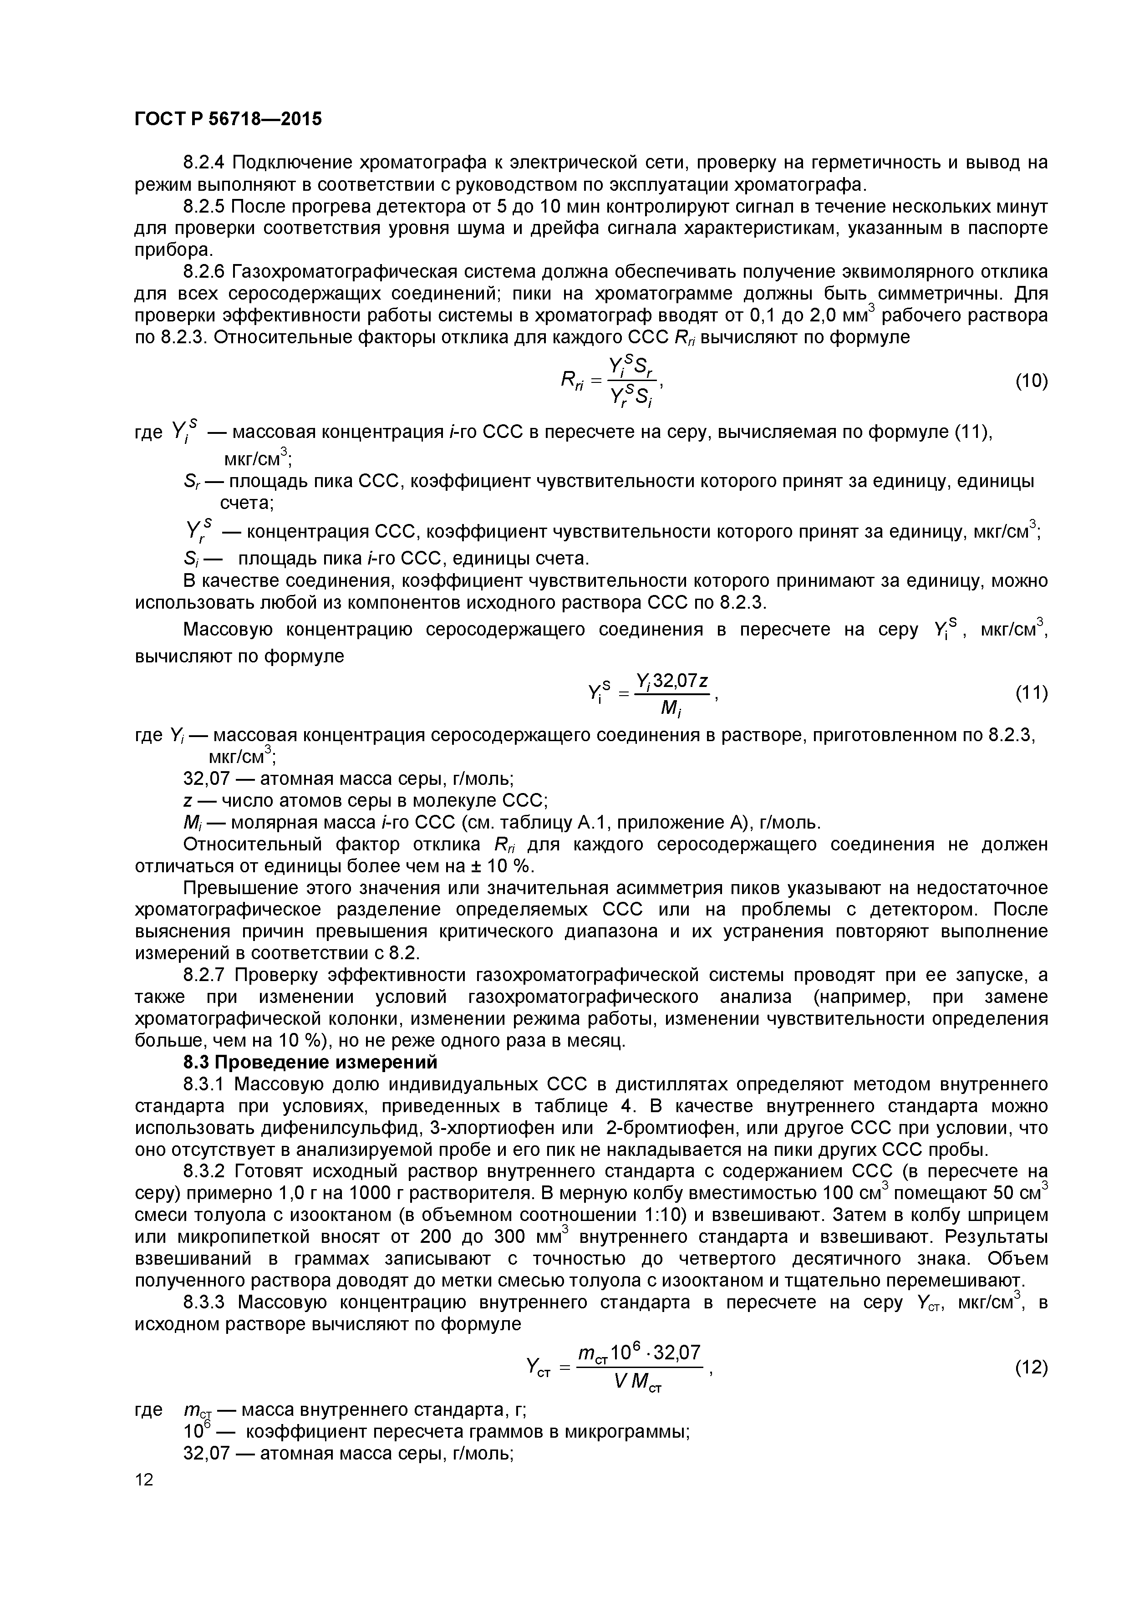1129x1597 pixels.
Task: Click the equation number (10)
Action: pyautogui.click(x=1031, y=381)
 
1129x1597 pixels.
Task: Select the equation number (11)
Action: pyautogui.click(x=1031, y=693)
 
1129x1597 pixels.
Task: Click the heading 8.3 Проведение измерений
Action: pyautogui.click(x=310, y=1062)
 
